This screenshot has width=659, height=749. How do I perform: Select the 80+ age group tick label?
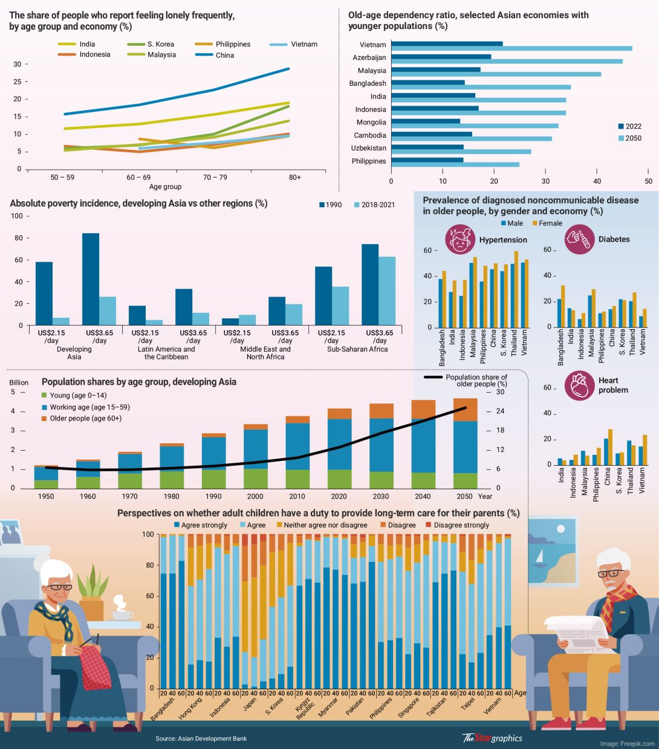pyautogui.click(x=294, y=178)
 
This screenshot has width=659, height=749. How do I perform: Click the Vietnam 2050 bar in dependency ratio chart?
pyautogui.click(x=511, y=48)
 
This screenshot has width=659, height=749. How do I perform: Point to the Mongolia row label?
pyautogui.click(x=371, y=122)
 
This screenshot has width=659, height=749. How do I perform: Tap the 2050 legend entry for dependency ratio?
pyautogui.click(x=628, y=138)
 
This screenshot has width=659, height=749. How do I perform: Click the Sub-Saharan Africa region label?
pyautogui.click(x=357, y=349)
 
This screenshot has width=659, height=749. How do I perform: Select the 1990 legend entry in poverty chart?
pyautogui.click(x=330, y=205)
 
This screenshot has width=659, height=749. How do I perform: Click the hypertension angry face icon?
pyautogui.click(x=460, y=239)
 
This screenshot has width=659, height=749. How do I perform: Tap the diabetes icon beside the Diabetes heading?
pyautogui.click(x=579, y=239)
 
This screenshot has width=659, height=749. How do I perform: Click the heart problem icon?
pyautogui.click(x=579, y=385)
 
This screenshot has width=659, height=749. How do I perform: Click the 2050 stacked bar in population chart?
pyautogui.click(x=465, y=443)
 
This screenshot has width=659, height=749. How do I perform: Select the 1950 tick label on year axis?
pyautogui.click(x=46, y=497)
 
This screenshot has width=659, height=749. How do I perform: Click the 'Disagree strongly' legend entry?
pyautogui.click(x=457, y=525)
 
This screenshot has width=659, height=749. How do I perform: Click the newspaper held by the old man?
pyautogui.click(x=578, y=635)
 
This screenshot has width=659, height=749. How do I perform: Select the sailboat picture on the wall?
pyautogui.click(x=552, y=550)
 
